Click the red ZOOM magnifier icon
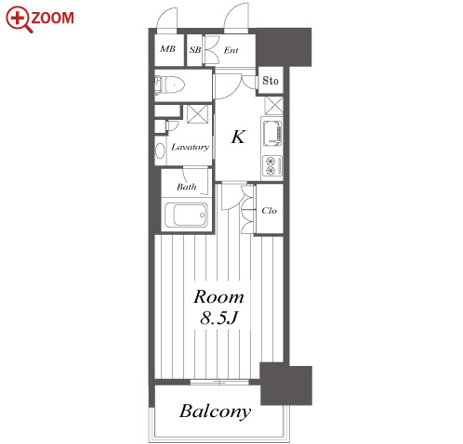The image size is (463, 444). coord(20,20)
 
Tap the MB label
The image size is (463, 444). coord(167,49)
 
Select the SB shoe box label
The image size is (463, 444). coord(195,49)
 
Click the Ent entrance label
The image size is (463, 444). coord(231,50)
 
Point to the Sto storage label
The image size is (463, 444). coord(271,81)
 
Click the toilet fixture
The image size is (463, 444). coord(169,85)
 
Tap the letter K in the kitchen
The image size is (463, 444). coord(238,137)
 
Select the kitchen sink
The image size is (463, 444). coord(272,133)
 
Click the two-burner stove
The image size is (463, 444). coord(272,165)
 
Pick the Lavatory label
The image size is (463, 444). coord(191,147)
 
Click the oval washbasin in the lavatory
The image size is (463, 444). coord(160,150)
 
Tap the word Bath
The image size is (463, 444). coord(187,187)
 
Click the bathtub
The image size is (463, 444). coord(186,215)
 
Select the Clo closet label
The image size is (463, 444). coord(269,211)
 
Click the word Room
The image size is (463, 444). coord(218,297)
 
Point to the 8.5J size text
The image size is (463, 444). coord(219,318)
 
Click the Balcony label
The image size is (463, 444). coord(215,411)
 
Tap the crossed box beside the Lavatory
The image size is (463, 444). coord(197,114)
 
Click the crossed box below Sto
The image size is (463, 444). coord(274,106)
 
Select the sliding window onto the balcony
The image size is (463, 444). coord(219,383)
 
